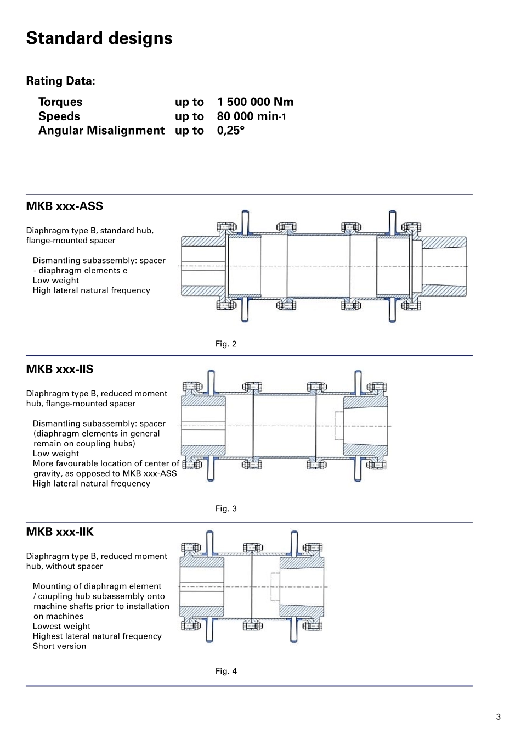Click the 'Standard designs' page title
click(x=99, y=38)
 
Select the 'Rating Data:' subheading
click(x=60, y=81)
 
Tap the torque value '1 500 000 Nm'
click(x=255, y=102)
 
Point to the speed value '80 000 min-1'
click(x=251, y=116)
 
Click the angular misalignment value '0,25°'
click(x=230, y=131)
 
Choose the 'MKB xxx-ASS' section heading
click(x=64, y=206)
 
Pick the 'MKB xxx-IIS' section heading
click(x=60, y=370)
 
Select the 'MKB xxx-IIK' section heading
click(x=60, y=532)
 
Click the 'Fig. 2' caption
click(x=226, y=344)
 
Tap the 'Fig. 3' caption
click(x=226, y=509)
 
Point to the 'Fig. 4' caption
click(x=226, y=672)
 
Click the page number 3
click(x=498, y=717)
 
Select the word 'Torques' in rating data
click(x=60, y=102)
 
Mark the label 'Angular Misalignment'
click(x=101, y=131)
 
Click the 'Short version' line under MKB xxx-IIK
click(x=59, y=646)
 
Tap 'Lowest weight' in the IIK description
click(x=61, y=627)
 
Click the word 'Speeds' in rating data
click(x=59, y=116)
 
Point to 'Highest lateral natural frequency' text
click(x=97, y=636)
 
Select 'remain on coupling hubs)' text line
click(x=84, y=444)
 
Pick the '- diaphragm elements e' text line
click(x=80, y=271)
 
